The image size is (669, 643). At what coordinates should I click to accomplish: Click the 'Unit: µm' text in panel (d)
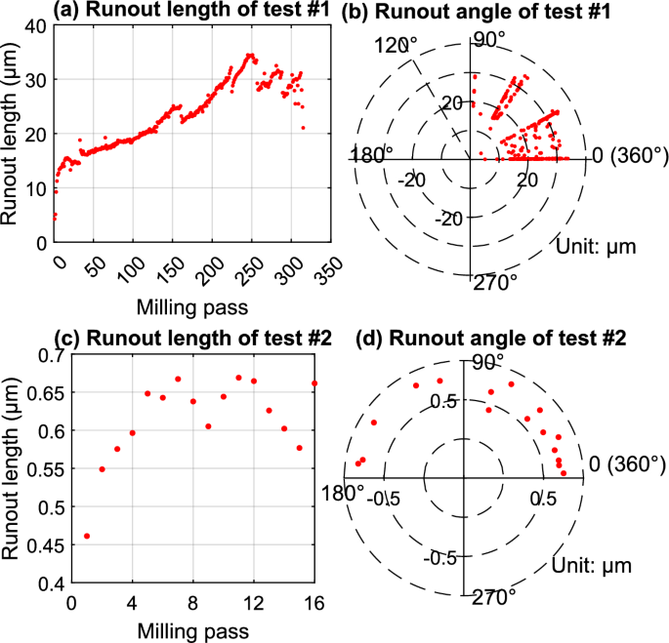[x=594, y=565]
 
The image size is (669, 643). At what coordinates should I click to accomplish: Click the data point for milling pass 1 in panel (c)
[x=87, y=536]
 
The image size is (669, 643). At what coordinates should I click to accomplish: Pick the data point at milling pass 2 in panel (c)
[x=102, y=469]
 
